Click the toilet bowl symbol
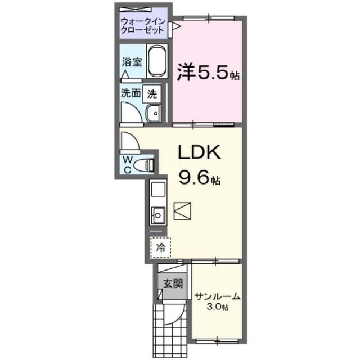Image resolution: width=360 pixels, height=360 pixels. pos(147,165)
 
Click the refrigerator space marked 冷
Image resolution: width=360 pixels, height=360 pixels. pos(161,246)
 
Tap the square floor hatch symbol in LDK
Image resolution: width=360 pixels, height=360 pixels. pos(183,211)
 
